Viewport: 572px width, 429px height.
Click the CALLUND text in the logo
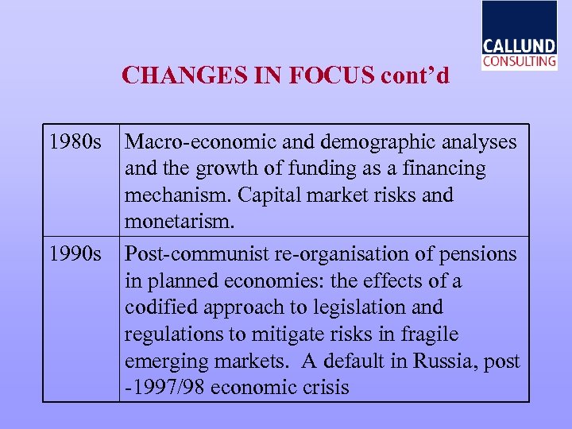tap(520, 45)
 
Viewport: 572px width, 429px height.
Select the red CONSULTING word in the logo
tap(520, 61)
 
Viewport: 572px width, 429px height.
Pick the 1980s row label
tap(75, 142)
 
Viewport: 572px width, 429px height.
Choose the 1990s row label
tap(75, 255)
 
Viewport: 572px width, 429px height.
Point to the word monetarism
tap(180, 221)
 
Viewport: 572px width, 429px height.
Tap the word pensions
tap(479, 255)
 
